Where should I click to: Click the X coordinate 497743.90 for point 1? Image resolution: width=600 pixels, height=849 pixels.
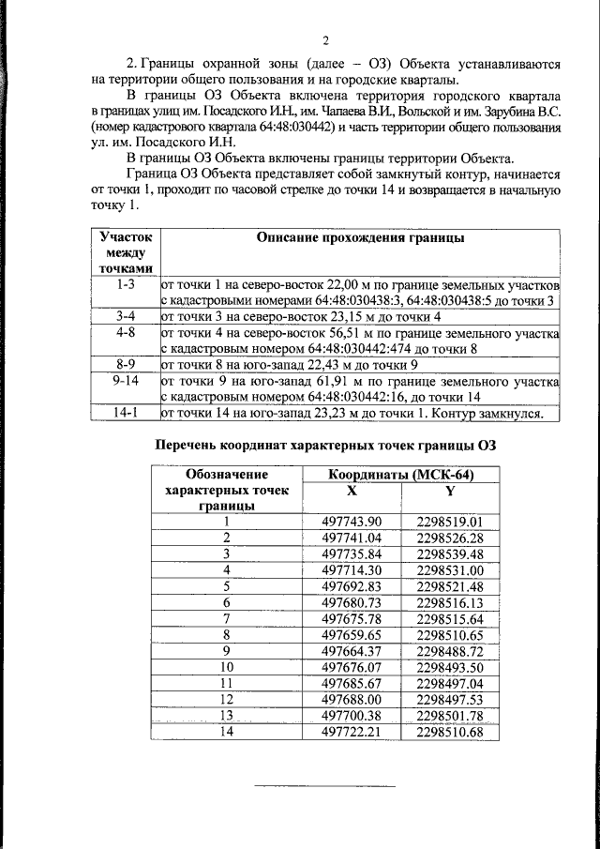pos(352,523)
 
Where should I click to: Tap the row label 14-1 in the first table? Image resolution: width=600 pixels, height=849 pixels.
pos(126,413)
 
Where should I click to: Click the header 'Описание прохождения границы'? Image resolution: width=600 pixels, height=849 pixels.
pos(360,238)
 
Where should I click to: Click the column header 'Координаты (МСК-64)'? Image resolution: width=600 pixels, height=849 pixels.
pos(401,476)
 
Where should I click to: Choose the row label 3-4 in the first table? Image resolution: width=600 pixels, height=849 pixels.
pos(126,316)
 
